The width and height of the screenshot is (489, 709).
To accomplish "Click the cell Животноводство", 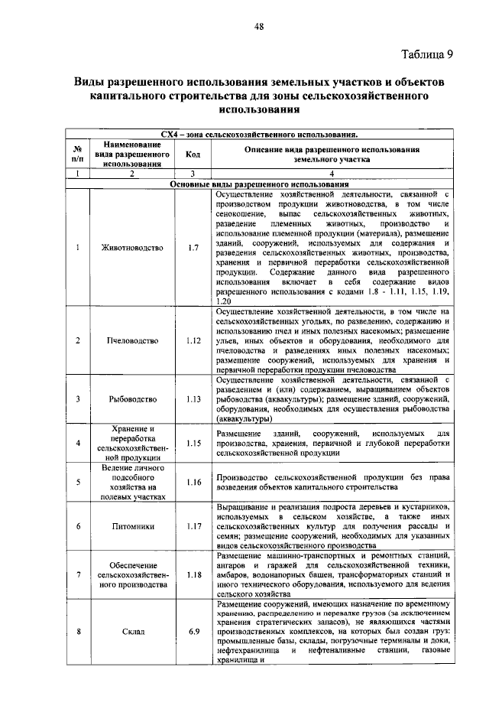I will pyautogui.click(x=132, y=249).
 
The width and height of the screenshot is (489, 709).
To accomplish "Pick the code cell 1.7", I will pyautogui.click(x=193, y=249).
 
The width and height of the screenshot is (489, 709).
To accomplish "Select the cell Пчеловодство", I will pyautogui.click(x=132, y=340).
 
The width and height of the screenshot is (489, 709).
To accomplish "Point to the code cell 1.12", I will pyautogui.click(x=193, y=340).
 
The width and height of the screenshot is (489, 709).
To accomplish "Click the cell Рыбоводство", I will pyautogui.click(x=132, y=399).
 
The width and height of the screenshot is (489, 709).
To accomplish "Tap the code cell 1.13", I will pyautogui.click(x=193, y=399).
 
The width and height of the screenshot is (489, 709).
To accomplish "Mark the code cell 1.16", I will pyautogui.click(x=193, y=483).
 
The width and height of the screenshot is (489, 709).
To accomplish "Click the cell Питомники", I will pyautogui.click(x=132, y=526).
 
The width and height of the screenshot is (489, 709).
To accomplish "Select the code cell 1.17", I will pyautogui.click(x=193, y=526).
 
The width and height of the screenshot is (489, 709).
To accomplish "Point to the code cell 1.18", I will pyautogui.click(x=193, y=574).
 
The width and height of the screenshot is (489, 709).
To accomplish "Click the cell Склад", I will pyautogui.click(x=132, y=632).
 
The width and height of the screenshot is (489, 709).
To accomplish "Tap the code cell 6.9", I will pyautogui.click(x=193, y=632).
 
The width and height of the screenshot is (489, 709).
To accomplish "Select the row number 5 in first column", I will pyautogui.click(x=78, y=483).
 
